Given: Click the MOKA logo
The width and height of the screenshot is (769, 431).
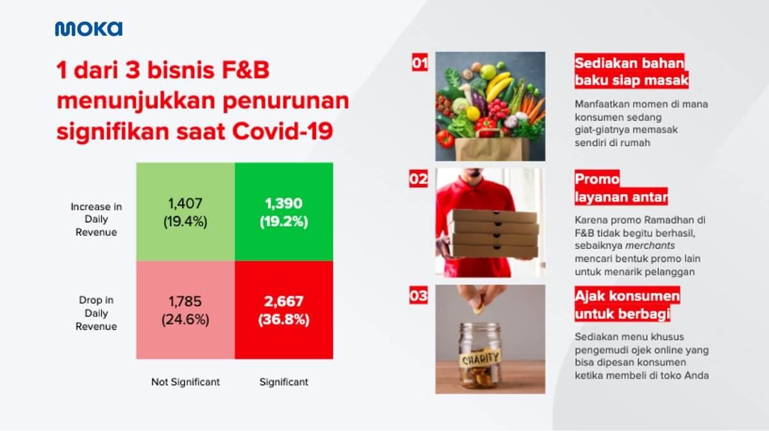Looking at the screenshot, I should click(88, 29).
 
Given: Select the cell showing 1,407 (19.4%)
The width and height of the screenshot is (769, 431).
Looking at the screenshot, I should click(185, 213).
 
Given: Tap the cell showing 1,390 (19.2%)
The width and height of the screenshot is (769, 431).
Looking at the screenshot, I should click(283, 213).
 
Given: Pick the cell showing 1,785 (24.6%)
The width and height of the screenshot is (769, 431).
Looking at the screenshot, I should click(185, 311).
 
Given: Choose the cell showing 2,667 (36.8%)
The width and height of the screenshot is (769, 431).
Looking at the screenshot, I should click(283, 311).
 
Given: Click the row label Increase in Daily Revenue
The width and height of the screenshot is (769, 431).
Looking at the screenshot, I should click(96, 220).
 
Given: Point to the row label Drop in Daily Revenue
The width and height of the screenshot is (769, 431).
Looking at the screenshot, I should click(96, 313).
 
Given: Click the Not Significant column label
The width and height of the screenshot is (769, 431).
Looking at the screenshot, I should click(185, 382).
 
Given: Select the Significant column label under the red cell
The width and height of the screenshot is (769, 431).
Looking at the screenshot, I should click(283, 382).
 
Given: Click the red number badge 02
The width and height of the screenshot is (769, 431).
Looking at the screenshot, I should click(418, 179).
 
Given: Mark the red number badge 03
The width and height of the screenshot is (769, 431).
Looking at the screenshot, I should click(418, 296).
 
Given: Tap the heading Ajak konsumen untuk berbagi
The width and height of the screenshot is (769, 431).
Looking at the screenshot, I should click(626, 306).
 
